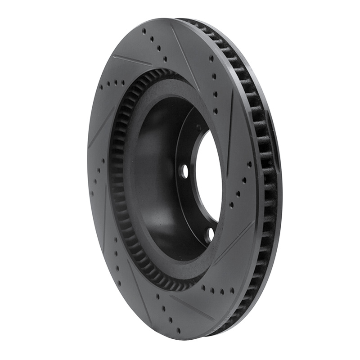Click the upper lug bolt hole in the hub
[184, 171]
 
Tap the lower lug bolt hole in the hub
[210, 234]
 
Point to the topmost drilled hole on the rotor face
[144, 31]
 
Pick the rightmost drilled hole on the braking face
[249, 165]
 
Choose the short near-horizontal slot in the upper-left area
[132, 60]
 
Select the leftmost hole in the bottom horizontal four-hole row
[203, 287]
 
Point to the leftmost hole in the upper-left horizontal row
[102, 88]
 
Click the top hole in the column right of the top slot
[211, 58]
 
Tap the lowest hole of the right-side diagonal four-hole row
[231, 204]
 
